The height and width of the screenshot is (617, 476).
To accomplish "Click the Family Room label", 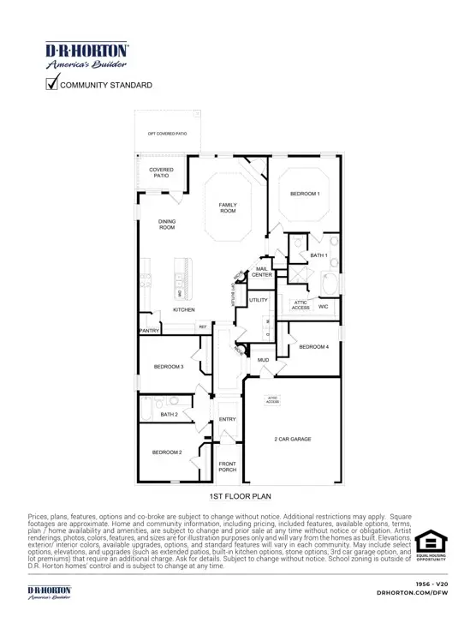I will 228,208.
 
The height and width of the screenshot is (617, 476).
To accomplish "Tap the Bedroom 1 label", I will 305,194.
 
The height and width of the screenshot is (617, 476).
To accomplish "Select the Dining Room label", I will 167,225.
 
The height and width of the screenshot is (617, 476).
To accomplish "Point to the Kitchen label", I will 184,309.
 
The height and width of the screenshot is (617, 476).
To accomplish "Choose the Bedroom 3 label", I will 169,367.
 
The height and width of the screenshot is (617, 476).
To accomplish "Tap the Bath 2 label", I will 169,415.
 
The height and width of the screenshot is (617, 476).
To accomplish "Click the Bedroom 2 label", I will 167,452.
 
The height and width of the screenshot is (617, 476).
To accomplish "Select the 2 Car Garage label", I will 292,439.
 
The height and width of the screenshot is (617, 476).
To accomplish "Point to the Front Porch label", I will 228,466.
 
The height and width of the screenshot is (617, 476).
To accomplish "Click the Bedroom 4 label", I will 314,346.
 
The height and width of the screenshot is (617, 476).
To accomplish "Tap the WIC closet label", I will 324,305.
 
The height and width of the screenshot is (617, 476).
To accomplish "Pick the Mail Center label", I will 262,272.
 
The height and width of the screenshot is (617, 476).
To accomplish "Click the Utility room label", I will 259,301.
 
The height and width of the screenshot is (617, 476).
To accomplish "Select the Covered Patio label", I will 162,172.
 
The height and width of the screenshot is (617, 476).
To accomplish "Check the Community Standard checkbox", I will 51,84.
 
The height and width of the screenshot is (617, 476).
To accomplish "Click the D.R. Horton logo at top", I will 86,55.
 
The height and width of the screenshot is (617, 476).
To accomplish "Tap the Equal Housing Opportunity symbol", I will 431,547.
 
